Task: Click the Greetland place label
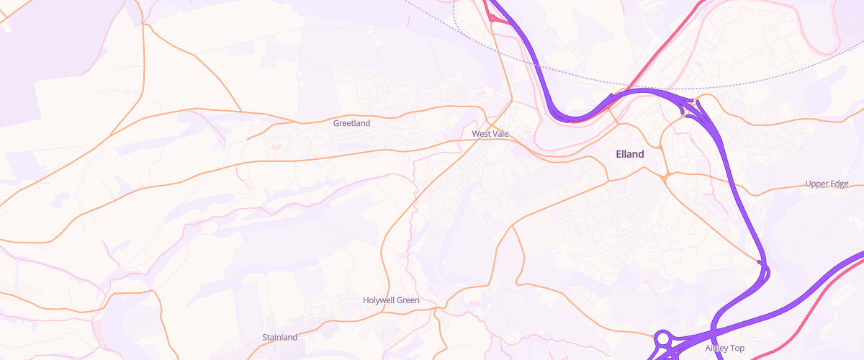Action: pos(351,123)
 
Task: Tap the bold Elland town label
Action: pos(630,154)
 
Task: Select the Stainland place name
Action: pos(280,337)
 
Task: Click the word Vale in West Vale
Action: pos(500,134)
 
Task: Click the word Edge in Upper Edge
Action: pos(840,184)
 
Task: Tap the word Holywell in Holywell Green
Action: pos(380,300)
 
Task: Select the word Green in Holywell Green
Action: pos(407,300)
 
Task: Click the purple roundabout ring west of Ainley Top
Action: pos(663,337)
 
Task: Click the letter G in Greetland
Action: pos(336,123)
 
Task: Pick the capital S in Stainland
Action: pos(265,337)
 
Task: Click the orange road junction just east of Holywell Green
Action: pos(436,308)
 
